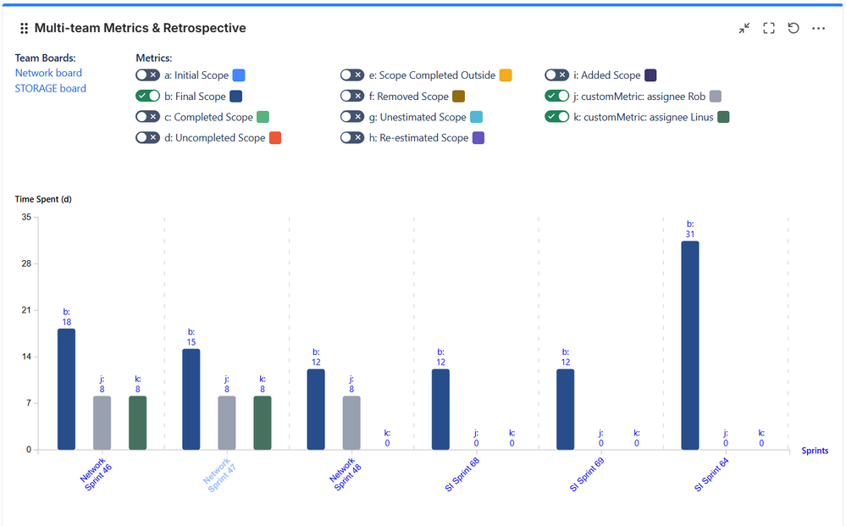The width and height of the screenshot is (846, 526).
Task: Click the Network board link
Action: coord(48,73)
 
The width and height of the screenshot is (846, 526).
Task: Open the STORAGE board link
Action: coord(50,88)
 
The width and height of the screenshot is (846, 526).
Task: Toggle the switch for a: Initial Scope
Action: coord(147,75)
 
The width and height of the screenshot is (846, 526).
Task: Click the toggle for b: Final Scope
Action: coord(147,96)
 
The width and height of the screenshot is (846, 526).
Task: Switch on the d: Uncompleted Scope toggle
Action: coord(147,137)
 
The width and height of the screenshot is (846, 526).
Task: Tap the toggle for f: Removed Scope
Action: coord(352,96)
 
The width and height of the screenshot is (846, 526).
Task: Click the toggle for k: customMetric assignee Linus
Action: coord(556,117)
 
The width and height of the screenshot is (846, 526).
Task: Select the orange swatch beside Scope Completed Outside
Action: coord(506,75)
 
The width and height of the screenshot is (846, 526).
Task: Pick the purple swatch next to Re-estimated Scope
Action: coord(478,137)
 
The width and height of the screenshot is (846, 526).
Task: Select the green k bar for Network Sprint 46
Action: coord(138,423)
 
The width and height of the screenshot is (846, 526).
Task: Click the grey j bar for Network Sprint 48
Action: coord(351,423)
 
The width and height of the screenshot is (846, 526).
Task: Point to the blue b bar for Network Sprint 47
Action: coord(191,399)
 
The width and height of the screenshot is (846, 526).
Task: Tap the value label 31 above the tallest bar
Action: coord(690,234)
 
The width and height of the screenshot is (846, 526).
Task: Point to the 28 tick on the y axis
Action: coord(25,263)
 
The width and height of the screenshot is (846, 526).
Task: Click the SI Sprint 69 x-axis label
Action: coord(587,475)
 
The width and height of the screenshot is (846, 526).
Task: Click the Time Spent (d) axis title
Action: coord(43,200)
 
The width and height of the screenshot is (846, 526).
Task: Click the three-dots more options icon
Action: coord(818,28)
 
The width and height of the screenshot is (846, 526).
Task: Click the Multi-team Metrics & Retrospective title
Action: coord(140,28)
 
